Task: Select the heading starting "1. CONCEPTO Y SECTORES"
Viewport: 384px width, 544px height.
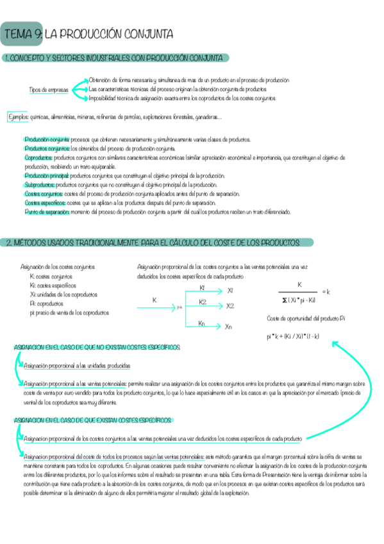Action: point(115,58)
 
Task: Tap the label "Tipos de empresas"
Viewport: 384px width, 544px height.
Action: point(49,90)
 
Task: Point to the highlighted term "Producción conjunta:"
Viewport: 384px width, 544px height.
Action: point(47,139)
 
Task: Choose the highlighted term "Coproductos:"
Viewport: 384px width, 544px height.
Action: point(38,157)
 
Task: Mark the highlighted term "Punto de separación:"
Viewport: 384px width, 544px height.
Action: point(47,211)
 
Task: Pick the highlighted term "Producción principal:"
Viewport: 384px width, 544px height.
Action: point(47,175)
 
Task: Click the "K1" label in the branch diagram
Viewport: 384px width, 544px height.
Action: point(203,288)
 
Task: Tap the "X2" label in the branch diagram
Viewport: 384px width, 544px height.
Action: point(230,306)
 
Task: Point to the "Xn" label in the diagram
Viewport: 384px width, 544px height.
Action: point(229,327)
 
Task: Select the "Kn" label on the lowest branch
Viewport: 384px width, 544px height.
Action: point(202,323)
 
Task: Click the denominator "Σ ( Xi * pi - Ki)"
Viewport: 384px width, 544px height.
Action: point(299,299)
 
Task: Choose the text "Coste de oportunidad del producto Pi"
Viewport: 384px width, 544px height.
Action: point(306,318)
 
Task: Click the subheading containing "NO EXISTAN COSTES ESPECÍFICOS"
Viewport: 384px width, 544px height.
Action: point(97,347)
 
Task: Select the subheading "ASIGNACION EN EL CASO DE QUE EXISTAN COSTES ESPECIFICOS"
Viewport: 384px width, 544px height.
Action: point(92,420)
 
